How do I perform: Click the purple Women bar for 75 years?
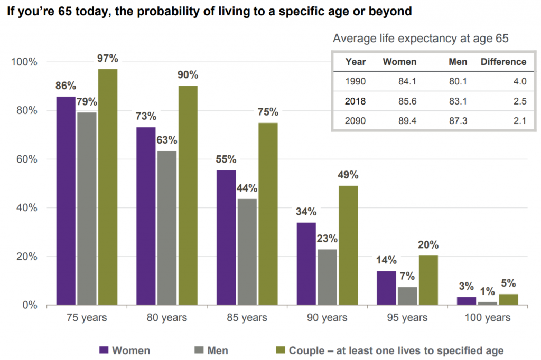66,201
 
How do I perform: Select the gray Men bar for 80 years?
167,228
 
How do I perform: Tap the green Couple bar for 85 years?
268,214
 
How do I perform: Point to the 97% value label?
107,58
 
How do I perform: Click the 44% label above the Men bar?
247,188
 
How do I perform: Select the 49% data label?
348,175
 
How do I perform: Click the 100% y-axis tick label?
24,62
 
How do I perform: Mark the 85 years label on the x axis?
247,318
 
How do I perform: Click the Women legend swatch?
104,350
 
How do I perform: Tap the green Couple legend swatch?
280,350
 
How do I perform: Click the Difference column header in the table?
503,62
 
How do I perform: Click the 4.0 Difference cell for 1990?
520,82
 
